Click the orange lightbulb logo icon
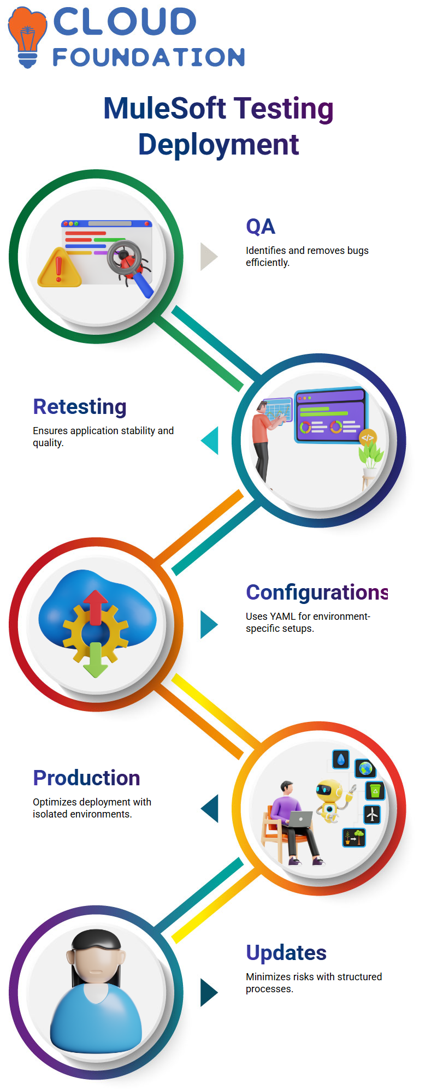tap(27, 37)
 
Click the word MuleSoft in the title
tap(165, 108)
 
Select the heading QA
tap(261, 227)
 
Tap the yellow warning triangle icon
tap(58, 267)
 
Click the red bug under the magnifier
tap(129, 262)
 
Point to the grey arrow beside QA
tap(209, 257)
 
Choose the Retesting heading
tap(80, 407)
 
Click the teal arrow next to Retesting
tap(210, 441)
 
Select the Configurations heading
tap(317, 593)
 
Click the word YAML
tap(282, 617)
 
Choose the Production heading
tap(86, 778)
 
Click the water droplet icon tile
tap(341, 759)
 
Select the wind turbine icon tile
tap(372, 815)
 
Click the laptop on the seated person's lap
tap(300, 819)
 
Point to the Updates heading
tap(286, 953)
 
